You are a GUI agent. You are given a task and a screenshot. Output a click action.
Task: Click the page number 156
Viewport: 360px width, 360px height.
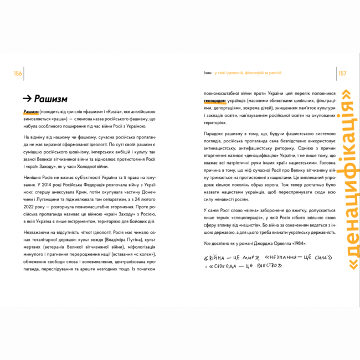18,74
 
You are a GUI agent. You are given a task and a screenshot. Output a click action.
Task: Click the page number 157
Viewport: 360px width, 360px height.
342,74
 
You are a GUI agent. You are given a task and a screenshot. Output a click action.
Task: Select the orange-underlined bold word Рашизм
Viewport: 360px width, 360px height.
30,112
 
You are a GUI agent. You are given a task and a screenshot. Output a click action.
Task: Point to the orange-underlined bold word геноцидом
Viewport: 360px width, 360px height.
214,101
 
